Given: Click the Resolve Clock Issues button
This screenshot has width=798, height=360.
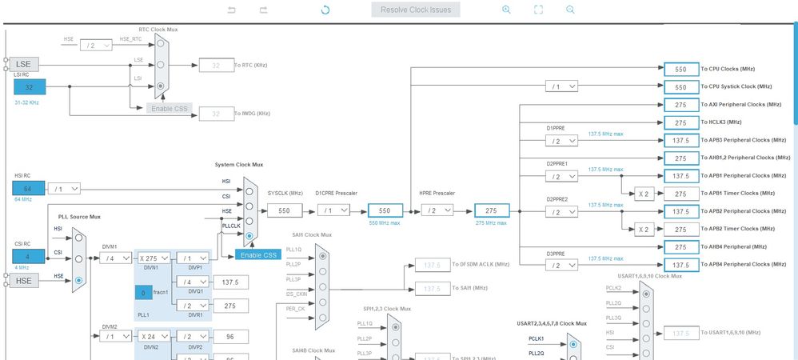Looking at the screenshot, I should point(416,10).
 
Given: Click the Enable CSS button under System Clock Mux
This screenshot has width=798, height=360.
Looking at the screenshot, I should point(258,254).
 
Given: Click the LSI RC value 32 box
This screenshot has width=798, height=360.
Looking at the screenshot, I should point(30,86).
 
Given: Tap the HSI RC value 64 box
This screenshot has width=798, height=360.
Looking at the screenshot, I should point(29,188).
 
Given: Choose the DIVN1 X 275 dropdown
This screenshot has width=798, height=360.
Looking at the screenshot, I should point(154,258).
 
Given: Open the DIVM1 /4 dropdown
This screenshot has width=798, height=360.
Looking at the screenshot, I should point(117,258).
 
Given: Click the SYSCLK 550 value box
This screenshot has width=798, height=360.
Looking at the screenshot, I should point(284,210).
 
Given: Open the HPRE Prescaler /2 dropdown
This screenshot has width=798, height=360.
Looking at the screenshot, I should point(437,210).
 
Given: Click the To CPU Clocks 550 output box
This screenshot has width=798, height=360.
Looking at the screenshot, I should point(680,69).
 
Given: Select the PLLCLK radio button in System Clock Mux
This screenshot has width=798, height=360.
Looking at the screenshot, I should point(250,236).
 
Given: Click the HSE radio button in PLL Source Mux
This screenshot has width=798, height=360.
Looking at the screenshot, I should point(78,281).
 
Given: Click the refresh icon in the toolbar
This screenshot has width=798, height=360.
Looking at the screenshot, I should point(325,10).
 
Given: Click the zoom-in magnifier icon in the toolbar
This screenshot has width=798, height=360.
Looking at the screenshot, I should point(506,10).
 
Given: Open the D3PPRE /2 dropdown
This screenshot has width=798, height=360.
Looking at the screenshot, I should point(564,264).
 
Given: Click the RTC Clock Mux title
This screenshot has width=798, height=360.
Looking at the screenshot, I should point(158,29).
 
